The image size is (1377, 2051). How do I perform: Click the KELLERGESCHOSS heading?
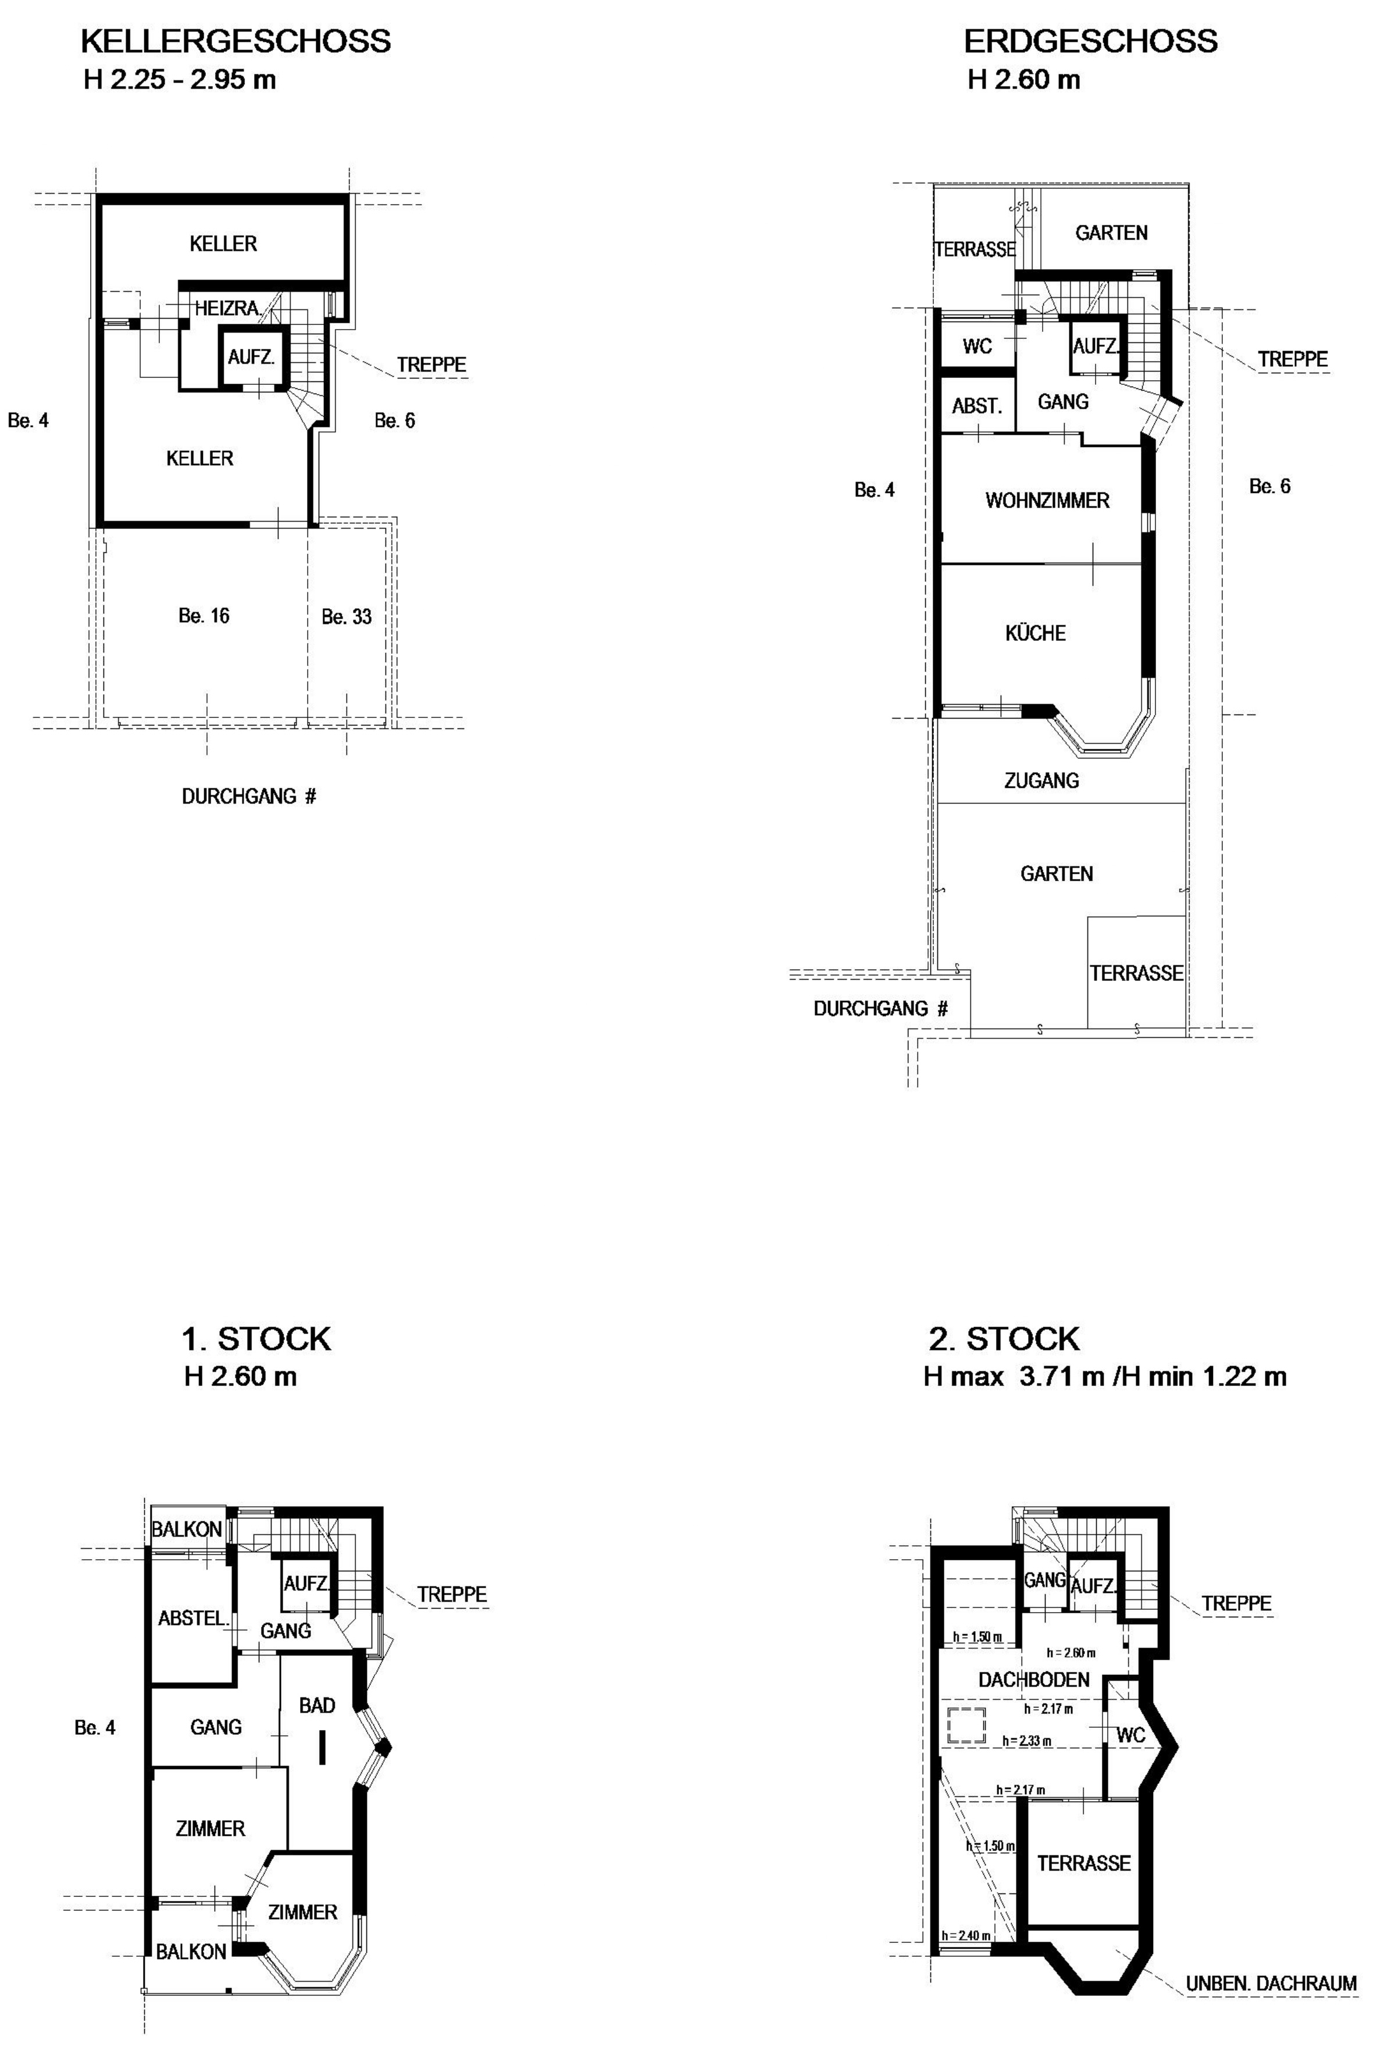pyautogui.click(x=236, y=41)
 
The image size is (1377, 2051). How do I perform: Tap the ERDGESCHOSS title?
pyautogui.click(x=1091, y=41)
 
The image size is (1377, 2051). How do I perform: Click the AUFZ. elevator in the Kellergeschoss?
pyautogui.click(x=252, y=358)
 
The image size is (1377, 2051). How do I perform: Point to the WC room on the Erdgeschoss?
pyautogui.click(x=978, y=346)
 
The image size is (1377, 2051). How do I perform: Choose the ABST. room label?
pyautogui.click(x=976, y=406)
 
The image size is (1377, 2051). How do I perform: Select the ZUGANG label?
pyautogui.click(x=1041, y=780)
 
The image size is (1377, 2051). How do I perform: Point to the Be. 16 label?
pyautogui.click(x=204, y=616)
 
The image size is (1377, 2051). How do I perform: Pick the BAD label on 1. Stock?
pyautogui.click(x=317, y=1705)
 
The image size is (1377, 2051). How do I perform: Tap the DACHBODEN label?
pyautogui.click(x=1034, y=1680)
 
